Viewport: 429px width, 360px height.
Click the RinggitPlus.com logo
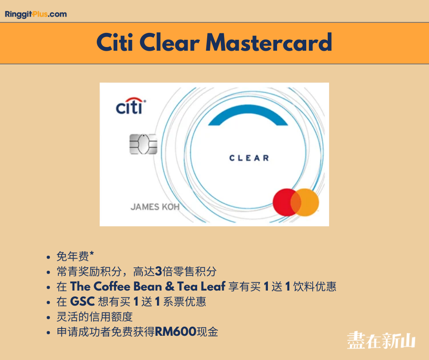point(36,14)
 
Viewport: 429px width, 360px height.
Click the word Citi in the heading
point(115,42)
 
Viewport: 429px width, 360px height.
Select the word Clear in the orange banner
point(169,42)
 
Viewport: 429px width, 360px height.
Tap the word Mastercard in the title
point(269,42)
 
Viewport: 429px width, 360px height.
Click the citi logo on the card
point(131,106)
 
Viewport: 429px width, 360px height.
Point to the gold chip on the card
point(143,144)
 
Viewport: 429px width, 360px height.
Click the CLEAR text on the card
point(249,158)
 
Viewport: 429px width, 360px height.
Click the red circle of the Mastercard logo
point(284,202)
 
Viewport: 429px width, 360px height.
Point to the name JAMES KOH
point(155,207)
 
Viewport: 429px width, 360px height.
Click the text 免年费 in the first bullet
point(73,256)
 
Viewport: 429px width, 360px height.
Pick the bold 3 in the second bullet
point(158,271)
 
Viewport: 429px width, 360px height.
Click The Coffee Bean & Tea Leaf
point(148,286)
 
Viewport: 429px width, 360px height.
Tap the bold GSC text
point(82,302)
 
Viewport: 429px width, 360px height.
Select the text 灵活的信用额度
point(94,317)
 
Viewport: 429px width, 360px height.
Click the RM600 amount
point(175,332)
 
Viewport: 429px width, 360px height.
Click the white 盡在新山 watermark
point(382,340)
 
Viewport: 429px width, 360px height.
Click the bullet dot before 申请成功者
point(48,333)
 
